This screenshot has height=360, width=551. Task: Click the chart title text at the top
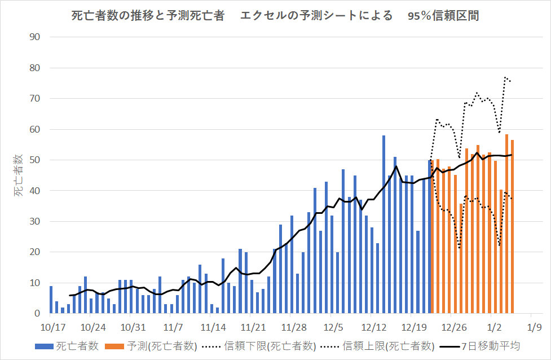pos(275,16)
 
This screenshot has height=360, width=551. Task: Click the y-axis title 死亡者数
pos(19,175)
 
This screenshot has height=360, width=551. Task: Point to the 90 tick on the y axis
pos(38,37)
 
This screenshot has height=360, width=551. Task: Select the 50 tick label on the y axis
pos(38,160)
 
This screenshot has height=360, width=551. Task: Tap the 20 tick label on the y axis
pos(38,252)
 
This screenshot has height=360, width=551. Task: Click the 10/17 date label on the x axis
pos(53,327)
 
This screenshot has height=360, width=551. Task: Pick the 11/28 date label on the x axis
pos(293,327)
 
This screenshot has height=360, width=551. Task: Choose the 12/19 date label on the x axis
pos(413,327)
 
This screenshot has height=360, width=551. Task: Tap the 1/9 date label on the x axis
pos(534,327)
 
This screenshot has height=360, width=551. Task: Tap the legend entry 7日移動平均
pos(482,345)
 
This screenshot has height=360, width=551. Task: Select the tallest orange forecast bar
pos(507,226)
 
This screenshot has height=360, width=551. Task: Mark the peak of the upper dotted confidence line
pos(506,77)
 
